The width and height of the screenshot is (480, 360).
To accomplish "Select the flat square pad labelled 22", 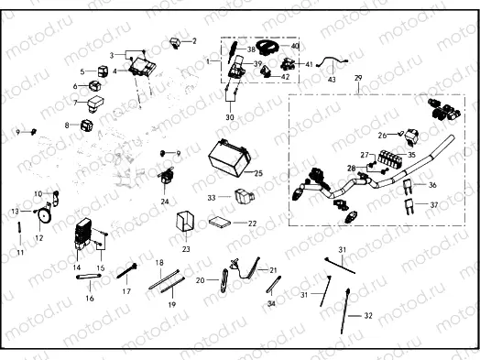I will click(220, 222).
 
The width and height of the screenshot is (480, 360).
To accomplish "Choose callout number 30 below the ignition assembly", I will click(229, 117).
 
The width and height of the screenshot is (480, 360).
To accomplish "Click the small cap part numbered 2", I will click(173, 42).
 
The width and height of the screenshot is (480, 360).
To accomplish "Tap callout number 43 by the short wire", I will click(332, 80).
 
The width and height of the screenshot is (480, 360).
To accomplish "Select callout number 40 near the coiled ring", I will click(295, 46).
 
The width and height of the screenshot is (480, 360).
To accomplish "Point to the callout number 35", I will click(410, 157).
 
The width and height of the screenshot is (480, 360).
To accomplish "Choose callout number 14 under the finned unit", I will click(77, 267).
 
